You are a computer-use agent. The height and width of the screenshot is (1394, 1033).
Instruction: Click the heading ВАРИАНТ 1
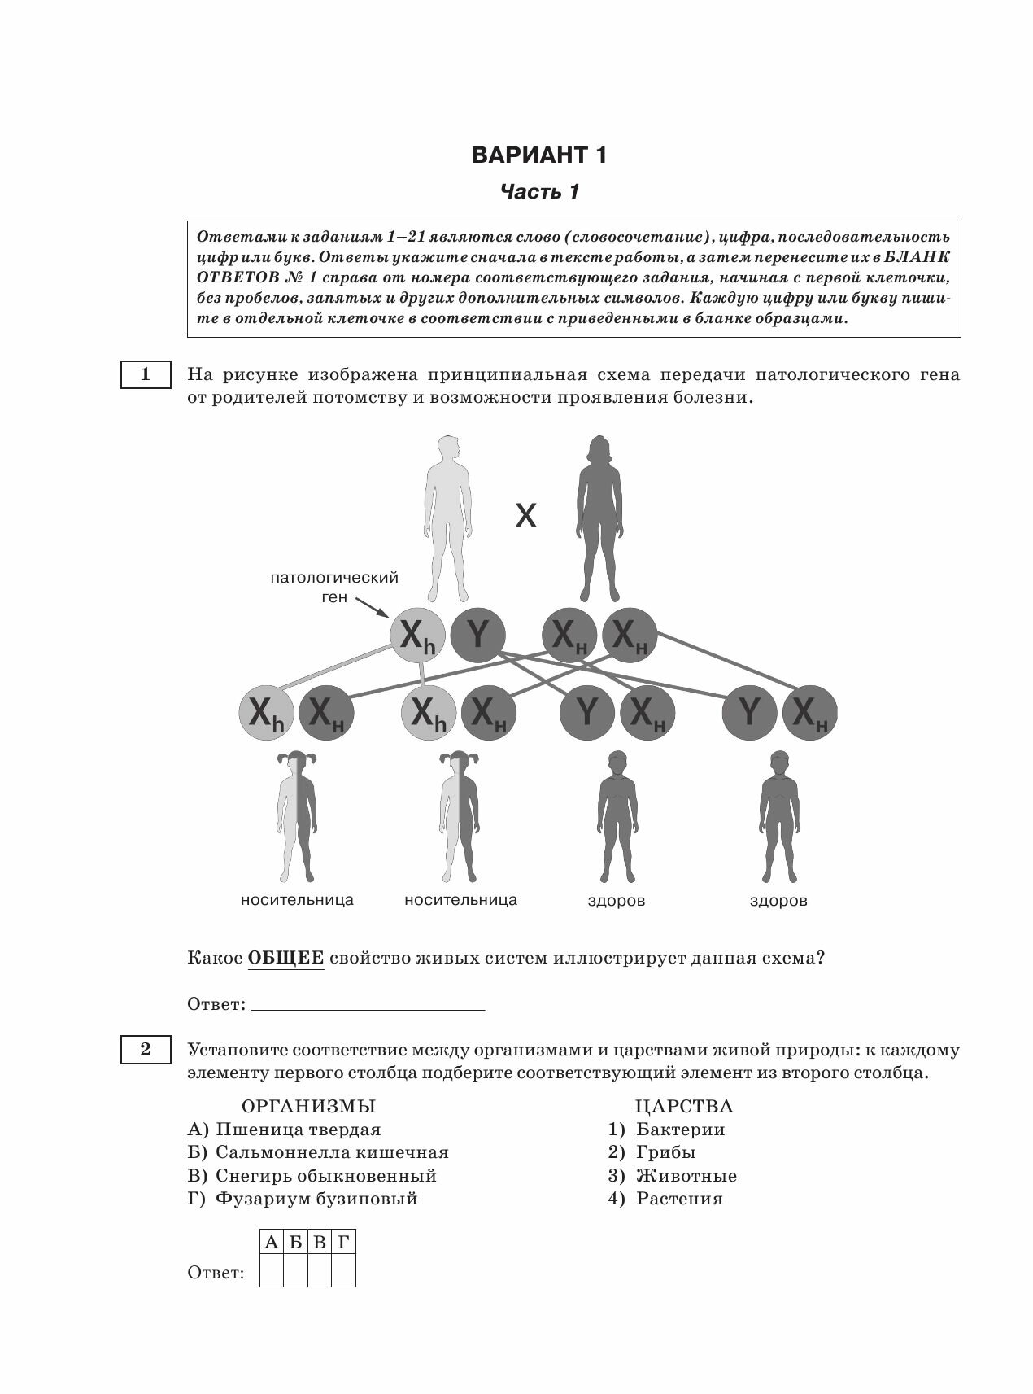coord(538,155)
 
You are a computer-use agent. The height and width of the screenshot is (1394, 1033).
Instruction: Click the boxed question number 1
coord(146,374)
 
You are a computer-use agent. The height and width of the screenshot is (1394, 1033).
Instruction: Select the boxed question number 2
coord(146,1049)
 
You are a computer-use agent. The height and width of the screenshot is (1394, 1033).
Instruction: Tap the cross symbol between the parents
coord(526,515)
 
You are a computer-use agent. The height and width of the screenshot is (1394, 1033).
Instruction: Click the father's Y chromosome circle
coord(477,635)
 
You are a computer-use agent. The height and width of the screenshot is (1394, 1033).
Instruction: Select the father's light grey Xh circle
coord(418,635)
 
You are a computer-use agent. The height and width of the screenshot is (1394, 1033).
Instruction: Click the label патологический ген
coord(334,587)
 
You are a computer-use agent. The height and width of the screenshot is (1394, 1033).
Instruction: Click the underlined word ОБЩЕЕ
coord(285,958)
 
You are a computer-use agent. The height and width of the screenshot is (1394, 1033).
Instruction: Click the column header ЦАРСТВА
coord(683,1106)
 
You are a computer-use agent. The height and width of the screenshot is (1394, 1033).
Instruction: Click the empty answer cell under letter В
coord(320,1270)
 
